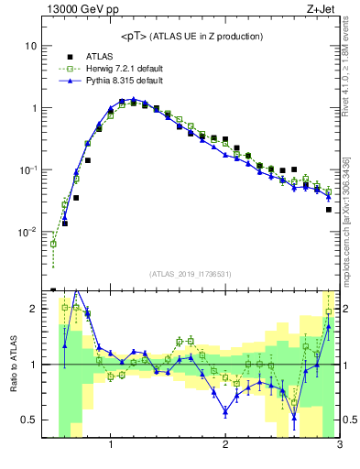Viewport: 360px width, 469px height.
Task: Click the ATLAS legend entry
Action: coord(97,56)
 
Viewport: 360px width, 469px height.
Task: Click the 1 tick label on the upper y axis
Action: coord(33,108)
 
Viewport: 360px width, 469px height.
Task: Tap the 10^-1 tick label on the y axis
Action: coord(27,169)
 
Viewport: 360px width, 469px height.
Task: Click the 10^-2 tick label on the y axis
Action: coord(27,232)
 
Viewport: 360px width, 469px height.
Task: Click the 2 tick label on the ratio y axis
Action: coord(33,309)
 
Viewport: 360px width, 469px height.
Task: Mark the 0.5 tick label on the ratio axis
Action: coord(29,420)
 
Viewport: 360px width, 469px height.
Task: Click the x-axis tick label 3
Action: coord(339,446)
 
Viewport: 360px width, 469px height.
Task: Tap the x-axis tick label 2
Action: coord(225,446)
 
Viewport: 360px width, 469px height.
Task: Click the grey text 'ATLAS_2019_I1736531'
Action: coord(190,274)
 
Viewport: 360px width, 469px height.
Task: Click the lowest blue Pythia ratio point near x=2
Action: coord(225,411)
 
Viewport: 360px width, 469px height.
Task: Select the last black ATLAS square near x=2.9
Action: coord(328,210)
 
